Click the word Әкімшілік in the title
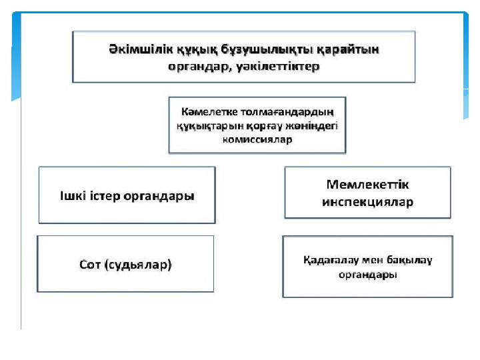point(141,49)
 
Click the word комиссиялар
point(257,140)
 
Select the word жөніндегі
point(311,126)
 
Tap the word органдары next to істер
point(159,197)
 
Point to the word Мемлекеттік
point(367,185)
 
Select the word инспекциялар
point(367,202)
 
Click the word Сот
point(90,265)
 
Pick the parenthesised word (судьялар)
point(138,265)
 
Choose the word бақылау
point(409,260)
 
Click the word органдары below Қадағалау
point(367,275)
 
